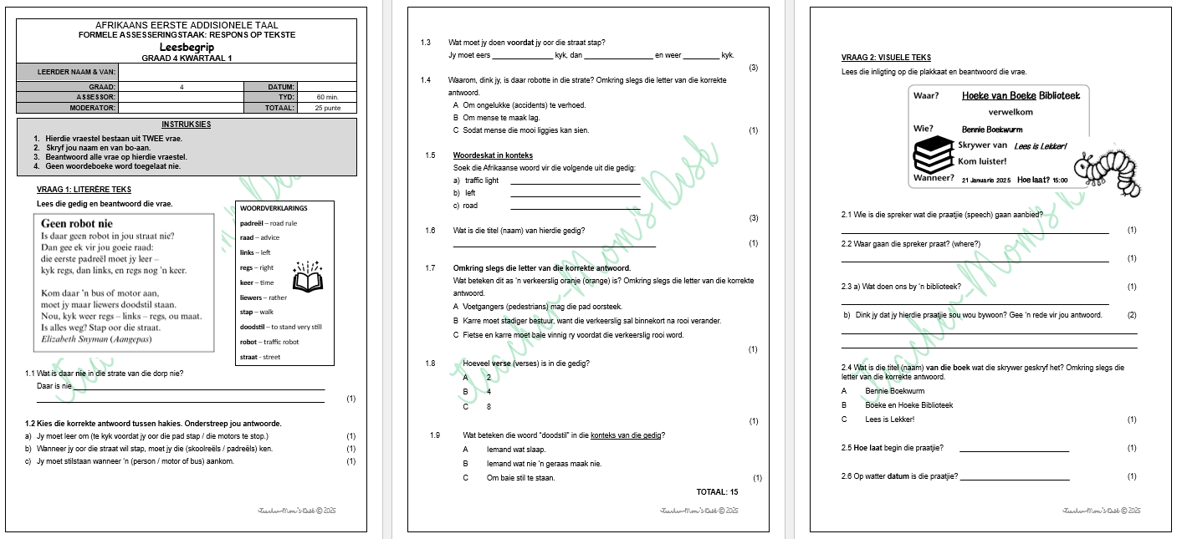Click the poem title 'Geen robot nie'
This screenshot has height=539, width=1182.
[76, 224]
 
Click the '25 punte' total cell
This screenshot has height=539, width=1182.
[327, 108]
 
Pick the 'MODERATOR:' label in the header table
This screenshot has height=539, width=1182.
[92, 108]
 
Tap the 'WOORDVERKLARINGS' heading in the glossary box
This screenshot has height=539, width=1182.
[274, 208]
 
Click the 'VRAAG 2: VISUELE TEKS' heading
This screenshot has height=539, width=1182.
[886, 58]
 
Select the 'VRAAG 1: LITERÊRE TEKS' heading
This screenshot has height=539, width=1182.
[84, 190]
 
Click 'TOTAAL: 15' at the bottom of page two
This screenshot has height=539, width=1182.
[717, 492]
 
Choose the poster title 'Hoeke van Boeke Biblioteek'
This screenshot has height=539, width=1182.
[1021, 96]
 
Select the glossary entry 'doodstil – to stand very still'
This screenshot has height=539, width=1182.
[280, 327]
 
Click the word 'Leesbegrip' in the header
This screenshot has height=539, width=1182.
[187, 47]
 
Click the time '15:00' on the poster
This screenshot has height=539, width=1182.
[1060, 180]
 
